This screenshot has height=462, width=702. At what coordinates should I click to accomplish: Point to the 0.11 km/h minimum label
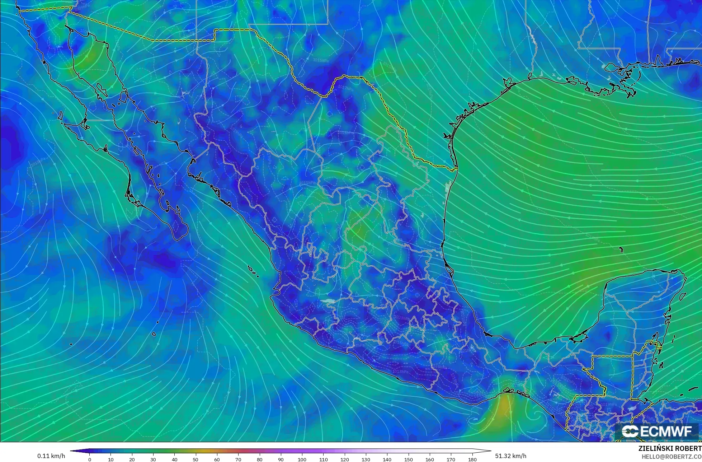[x=51, y=456]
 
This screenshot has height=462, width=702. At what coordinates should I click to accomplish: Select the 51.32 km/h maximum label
[x=511, y=456]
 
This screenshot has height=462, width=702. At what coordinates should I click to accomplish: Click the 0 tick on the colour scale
[x=90, y=459]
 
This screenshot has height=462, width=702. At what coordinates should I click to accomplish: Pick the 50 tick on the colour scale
[x=196, y=459]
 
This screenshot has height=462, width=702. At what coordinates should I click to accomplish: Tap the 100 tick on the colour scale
[x=302, y=459]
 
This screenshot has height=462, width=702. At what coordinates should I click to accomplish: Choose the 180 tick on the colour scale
[x=472, y=459]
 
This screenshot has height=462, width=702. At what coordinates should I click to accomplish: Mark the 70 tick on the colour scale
[x=238, y=459]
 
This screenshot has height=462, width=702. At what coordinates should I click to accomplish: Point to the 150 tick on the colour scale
[x=408, y=459]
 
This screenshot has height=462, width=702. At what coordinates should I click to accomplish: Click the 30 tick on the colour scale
[x=154, y=459]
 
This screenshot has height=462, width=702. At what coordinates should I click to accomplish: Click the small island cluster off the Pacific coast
[x=253, y=271]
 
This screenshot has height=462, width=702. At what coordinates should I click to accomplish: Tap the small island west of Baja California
[x=60, y=116]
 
